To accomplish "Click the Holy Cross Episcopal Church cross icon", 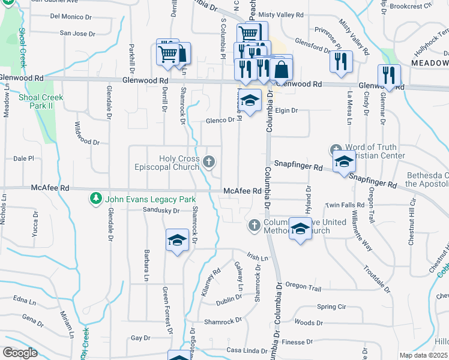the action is tap(209, 161).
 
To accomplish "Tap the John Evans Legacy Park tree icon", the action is tap(95, 198).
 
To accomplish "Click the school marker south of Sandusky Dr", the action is tap(177, 241).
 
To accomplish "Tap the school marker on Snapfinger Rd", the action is tap(345, 162).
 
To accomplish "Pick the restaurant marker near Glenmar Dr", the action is tap(389, 75).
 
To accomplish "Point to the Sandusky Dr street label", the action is tap(161, 211).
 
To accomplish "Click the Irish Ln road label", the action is tap(256, 257).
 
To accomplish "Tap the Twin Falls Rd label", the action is tap(341, 205).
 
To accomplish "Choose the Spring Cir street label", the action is tap(331, 307).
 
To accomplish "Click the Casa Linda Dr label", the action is tap(246, 350).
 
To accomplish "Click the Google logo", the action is tap(20, 353).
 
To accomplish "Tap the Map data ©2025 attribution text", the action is tap(423, 355).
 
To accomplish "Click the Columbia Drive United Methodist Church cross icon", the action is tap(254, 225).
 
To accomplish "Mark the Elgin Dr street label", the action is tap(287, 110).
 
